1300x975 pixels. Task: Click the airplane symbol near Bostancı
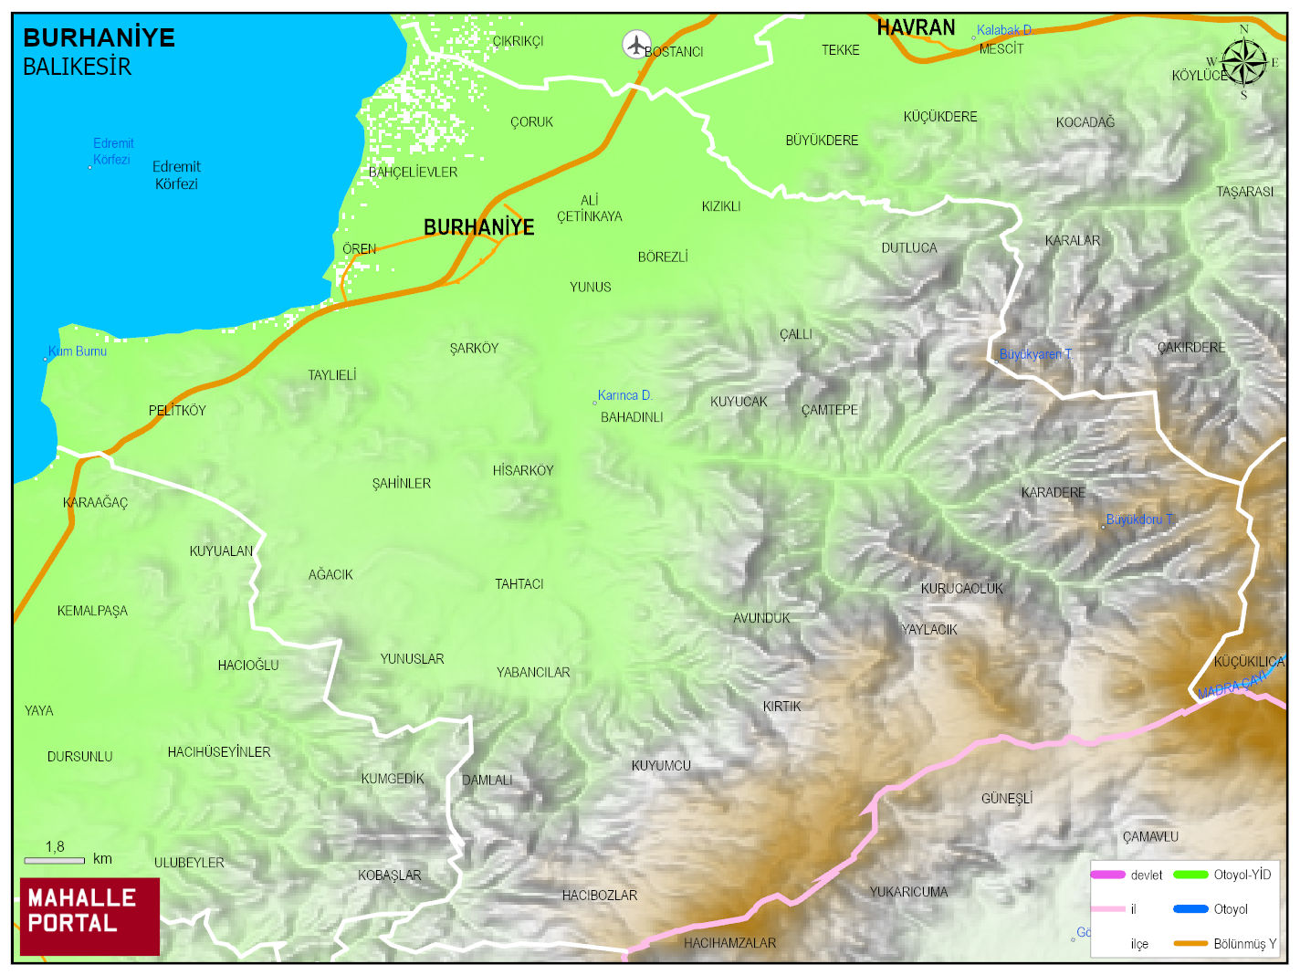coord(635,44)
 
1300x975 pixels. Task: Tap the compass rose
coord(1243,63)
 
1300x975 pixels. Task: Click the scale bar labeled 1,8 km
coord(54,860)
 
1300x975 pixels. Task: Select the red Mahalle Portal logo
coord(89,917)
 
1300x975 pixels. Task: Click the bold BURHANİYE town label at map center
coord(478,227)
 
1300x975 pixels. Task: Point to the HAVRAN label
coord(916,28)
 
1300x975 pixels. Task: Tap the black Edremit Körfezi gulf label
coord(176,175)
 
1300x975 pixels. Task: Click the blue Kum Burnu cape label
coord(78,351)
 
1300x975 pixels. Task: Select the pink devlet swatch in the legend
coord(1107,875)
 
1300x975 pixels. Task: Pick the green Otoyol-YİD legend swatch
coord(1190,875)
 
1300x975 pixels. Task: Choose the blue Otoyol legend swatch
coord(1190,909)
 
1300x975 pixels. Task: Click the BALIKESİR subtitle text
coord(77,67)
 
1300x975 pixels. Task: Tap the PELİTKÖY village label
coord(177,411)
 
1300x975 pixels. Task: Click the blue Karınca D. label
coord(624,395)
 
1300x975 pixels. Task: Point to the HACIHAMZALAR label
coord(729,943)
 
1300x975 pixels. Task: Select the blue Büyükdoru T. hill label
coord(1139,519)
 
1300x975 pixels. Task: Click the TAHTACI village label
coord(519,584)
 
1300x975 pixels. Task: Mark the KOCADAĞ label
coord(1085,122)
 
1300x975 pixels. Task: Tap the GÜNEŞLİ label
coord(1007,799)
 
